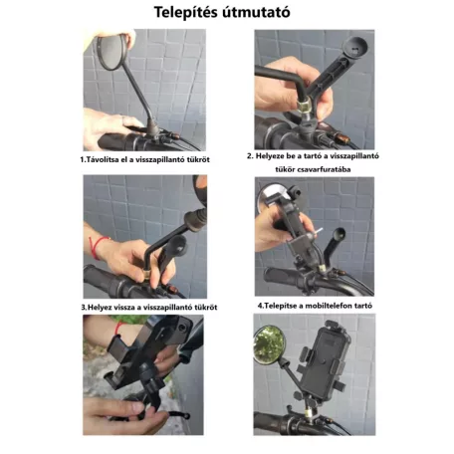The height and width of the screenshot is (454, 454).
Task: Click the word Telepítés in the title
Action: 189,14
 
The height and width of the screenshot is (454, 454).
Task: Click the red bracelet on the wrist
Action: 99,244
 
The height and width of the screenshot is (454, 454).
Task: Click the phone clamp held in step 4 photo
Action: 295,214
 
